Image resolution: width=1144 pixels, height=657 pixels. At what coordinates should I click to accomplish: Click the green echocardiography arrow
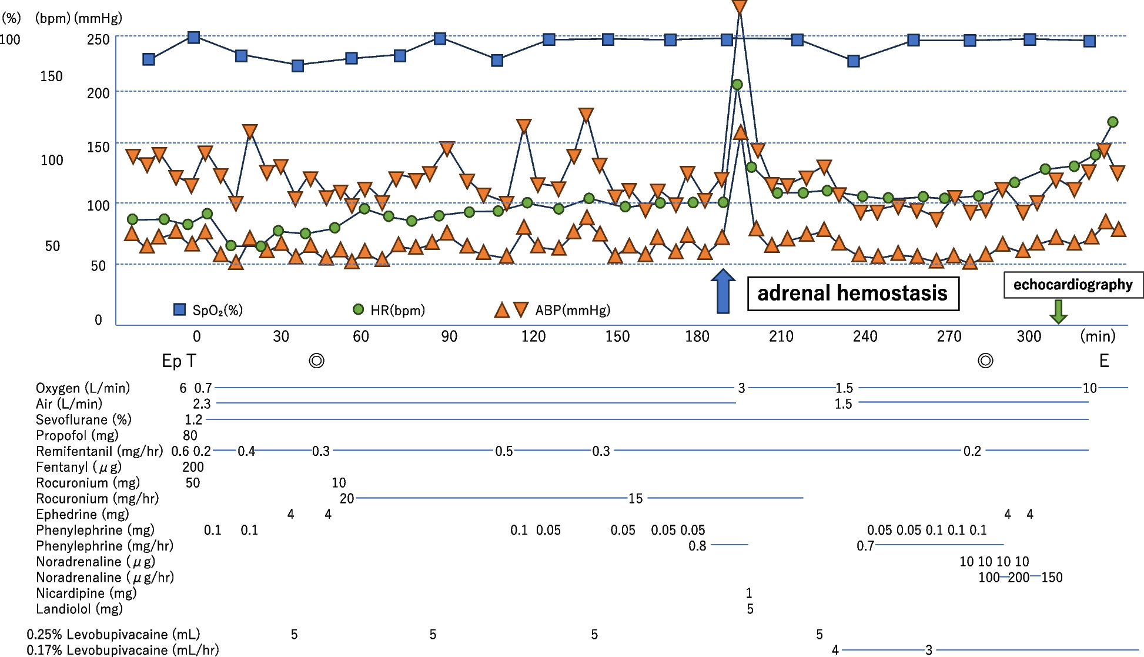(x=1058, y=311)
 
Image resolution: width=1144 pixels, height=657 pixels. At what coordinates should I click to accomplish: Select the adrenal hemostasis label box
(x=852, y=294)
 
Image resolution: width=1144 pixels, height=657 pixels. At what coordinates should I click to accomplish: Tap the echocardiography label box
(x=1072, y=285)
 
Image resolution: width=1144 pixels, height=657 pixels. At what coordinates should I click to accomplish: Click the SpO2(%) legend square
(x=180, y=309)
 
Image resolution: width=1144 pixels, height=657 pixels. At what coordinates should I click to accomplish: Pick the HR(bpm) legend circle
(x=358, y=309)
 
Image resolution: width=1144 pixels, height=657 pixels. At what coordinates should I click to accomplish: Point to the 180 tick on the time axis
(x=697, y=336)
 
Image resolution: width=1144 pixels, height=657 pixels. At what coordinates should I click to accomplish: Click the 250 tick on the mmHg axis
(x=98, y=39)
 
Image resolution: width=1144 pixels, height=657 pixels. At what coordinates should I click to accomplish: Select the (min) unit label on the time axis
(x=1098, y=336)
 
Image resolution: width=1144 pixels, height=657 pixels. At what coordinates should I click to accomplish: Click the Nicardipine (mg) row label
(x=86, y=593)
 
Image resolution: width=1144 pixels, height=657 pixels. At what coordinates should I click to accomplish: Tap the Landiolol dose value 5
(x=750, y=609)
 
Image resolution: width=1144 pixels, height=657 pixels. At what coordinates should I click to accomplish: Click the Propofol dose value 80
(x=190, y=435)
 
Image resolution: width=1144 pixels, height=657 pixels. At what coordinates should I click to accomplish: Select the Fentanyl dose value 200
(x=193, y=467)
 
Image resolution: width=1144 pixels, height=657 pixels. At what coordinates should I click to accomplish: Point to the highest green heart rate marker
(x=737, y=85)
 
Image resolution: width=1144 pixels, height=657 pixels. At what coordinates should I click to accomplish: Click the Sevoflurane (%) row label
(x=83, y=419)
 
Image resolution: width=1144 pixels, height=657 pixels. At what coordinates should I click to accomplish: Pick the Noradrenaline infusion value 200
(x=1019, y=577)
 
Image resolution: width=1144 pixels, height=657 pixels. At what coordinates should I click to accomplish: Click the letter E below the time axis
(x=1104, y=361)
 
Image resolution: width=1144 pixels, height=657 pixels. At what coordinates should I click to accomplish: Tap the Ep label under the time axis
(x=171, y=361)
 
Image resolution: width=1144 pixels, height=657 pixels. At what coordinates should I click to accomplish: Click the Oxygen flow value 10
(x=1090, y=388)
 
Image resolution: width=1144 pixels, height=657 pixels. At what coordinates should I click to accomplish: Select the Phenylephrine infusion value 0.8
(x=697, y=546)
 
